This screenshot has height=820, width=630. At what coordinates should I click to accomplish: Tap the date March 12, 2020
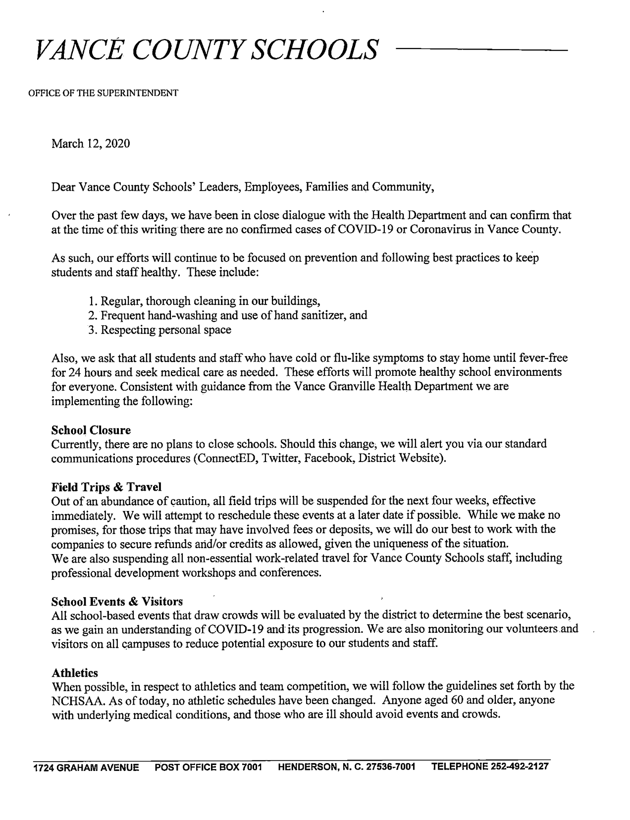tap(91, 144)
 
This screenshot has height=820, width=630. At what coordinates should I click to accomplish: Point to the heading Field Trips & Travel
tap(106, 487)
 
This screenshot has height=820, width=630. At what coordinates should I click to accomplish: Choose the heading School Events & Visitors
tap(117, 602)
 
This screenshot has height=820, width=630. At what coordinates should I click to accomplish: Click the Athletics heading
tap(75, 673)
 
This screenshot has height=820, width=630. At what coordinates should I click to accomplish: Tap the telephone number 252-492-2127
tap(519, 767)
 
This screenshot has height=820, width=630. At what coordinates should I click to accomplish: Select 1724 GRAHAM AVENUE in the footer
tap(86, 768)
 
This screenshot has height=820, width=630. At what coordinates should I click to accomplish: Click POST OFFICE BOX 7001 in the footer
tap(208, 768)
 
